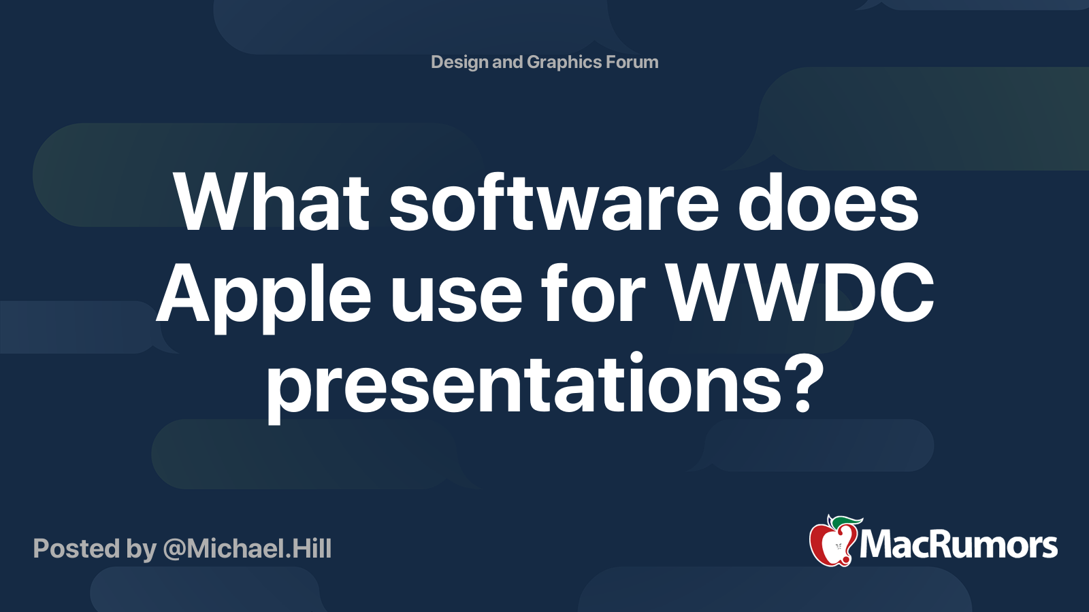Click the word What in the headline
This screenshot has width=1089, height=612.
tap(272, 202)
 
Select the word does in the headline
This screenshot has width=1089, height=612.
tap(828, 202)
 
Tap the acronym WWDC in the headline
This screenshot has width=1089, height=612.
tap(800, 294)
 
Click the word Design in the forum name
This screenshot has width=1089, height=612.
tap(459, 63)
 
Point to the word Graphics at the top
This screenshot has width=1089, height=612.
tap(564, 63)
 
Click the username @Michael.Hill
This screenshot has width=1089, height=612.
tap(248, 549)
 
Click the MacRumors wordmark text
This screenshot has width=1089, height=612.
tap(958, 545)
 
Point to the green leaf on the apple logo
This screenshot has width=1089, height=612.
tap(845, 523)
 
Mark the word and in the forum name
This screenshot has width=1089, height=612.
tap(508, 63)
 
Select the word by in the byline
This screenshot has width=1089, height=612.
tap(142, 550)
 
